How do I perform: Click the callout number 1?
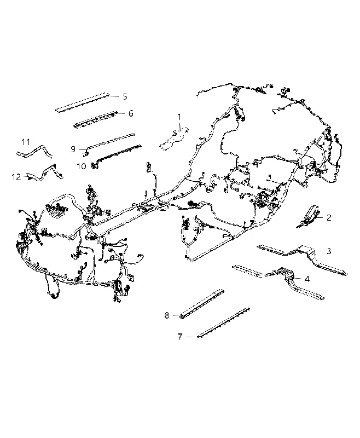click(179, 117)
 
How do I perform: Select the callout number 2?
click(329, 217)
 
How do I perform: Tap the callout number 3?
click(329, 251)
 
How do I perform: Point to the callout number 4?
click(307, 279)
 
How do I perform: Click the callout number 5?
click(125, 97)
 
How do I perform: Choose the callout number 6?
click(131, 113)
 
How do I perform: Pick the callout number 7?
click(179, 337)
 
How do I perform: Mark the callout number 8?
click(167, 315)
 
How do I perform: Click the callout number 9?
click(73, 149)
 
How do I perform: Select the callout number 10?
click(81, 166)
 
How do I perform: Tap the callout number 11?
click(26, 142)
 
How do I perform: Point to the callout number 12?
click(16, 177)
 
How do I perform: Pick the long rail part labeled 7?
click(223, 322)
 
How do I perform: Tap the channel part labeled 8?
click(201, 304)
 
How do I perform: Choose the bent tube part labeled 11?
click(34, 152)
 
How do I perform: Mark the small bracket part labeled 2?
click(308, 216)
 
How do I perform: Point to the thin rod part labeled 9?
click(109, 143)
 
